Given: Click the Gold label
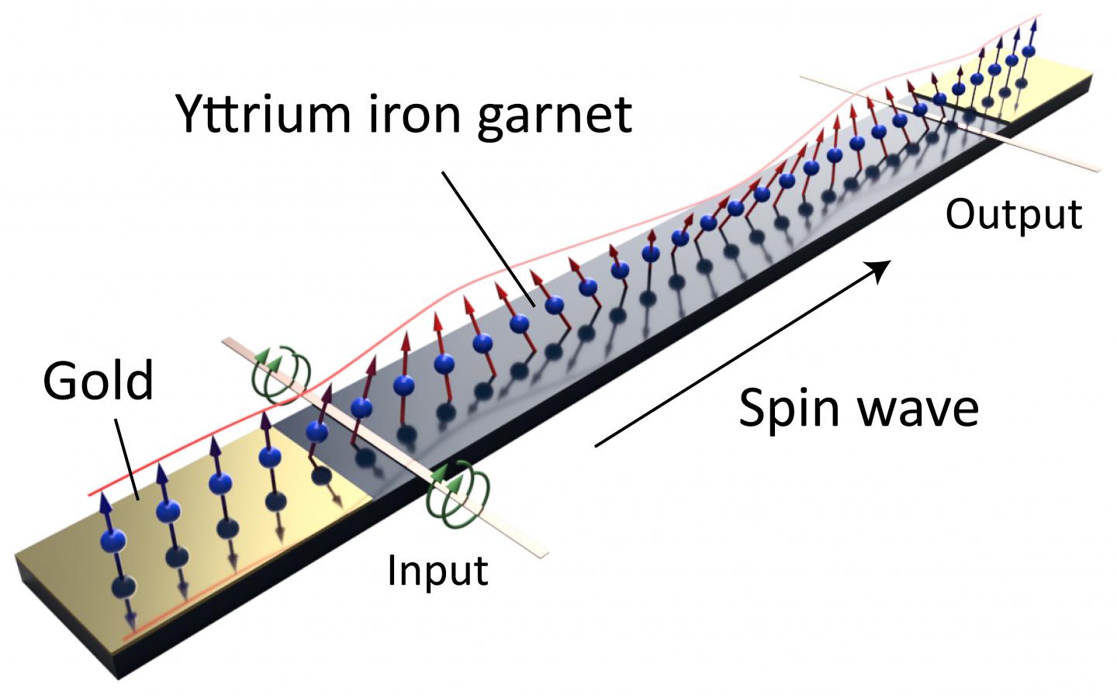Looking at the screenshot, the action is [x=98, y=382].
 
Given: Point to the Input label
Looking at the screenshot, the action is [x=437, y=572].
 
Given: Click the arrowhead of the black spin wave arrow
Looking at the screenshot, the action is [x=880, y=270].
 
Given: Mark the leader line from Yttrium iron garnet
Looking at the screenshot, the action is [x=488, y=239].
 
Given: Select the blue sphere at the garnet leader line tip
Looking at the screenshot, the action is [x=554, y=305].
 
